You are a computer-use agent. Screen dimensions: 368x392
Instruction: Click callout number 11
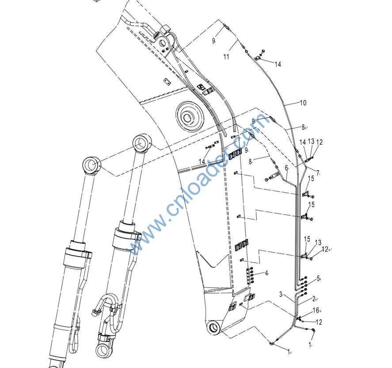226,57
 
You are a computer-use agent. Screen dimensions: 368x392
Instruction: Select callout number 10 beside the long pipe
303,103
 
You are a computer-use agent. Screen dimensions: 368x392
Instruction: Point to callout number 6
286,168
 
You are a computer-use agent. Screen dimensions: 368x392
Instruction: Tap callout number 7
318,172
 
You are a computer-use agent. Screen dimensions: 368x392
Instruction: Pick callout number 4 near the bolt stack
266,273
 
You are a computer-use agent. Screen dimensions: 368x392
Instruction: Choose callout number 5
318,279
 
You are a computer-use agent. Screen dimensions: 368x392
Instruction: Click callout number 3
281,294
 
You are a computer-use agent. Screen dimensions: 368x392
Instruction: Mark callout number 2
314,299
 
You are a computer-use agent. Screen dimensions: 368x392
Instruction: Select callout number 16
316,310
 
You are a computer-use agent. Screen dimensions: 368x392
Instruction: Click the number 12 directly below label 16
319,322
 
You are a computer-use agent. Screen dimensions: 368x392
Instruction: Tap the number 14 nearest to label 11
278,65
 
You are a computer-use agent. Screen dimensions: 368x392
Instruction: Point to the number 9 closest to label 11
213,41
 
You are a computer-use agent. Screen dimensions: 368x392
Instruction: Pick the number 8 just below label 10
303,127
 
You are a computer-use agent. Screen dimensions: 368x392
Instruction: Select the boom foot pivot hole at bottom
213,328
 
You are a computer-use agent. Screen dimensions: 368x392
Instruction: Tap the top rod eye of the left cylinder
92,165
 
